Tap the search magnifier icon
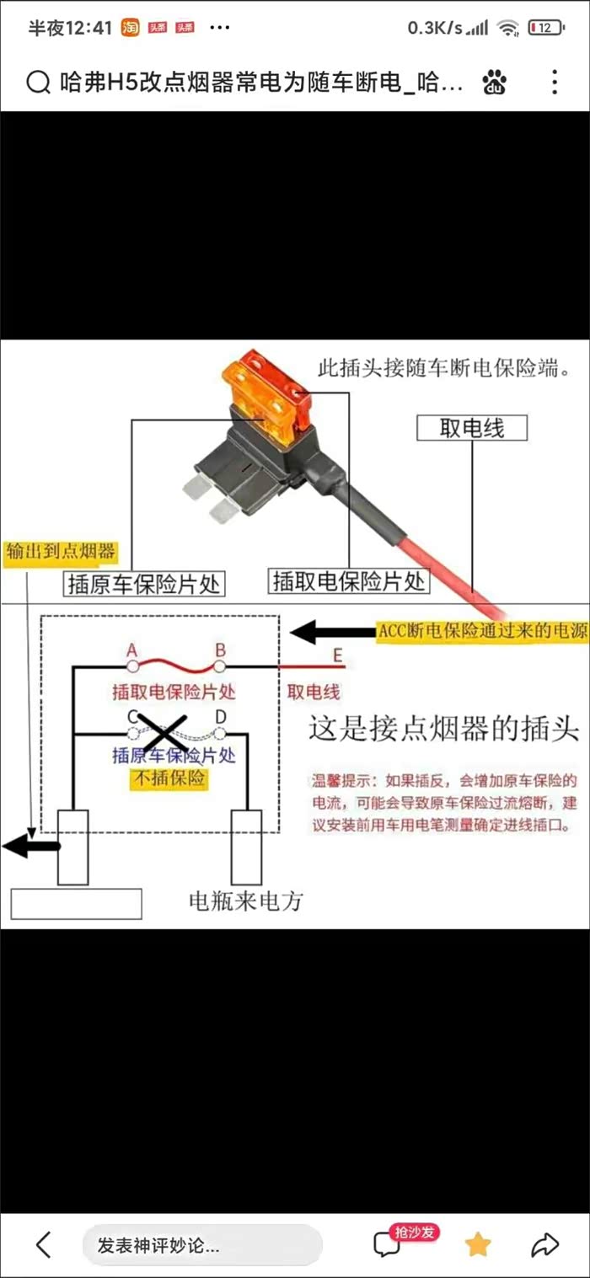(x=39, y=82)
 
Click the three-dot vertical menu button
(x=554, y=82)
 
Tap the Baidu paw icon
(x=495, y=82)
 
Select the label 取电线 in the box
(x=471, y=428)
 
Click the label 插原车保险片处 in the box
(x=143, y=583)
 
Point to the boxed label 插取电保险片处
(x=349, y=580)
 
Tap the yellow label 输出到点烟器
(x=60, y=553)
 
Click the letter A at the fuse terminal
(x=131, y=650)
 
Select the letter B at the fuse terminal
(x=220, y=650)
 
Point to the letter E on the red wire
(x=338, y=655)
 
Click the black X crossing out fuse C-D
(x=163, y=732)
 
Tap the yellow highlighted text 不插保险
(x=168, y=778)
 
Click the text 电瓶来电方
(x=245, y=901)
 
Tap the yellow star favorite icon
(x=477, y=1244)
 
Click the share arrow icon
(x=545, y=1244)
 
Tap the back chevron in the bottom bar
(x=44, y=1244)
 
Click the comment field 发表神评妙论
(x=201, y=1245)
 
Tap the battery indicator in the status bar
(x=545, y=28)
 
